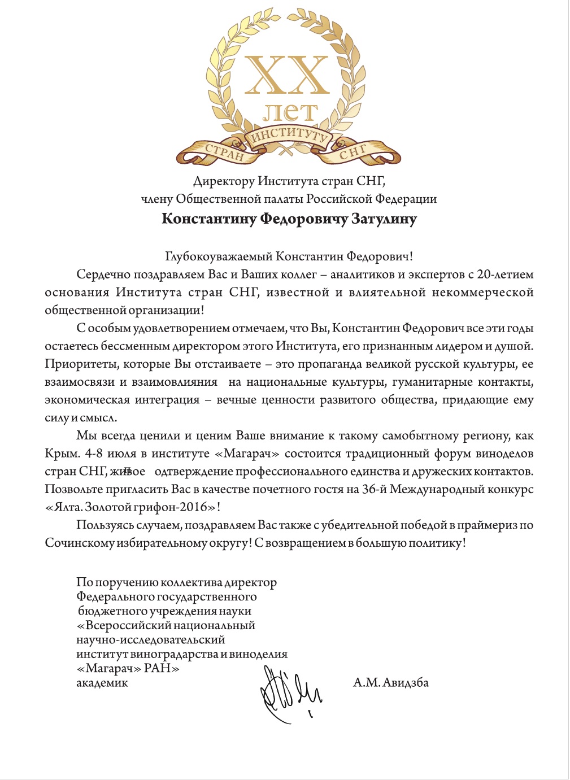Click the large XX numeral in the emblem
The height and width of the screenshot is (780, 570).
(x=287, y=76)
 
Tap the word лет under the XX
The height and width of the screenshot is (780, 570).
(x=290, y=112)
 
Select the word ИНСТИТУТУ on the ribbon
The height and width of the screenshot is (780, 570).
(x=289, y=136)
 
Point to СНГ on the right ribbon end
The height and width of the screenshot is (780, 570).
(x=353, y=152)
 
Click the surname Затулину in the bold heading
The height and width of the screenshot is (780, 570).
(x=384, y=219)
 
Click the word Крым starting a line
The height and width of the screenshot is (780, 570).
(x=62, y=454)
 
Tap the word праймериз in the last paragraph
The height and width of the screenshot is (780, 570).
(x=487, y=525)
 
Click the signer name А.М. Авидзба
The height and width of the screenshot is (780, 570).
(x=391, y=683)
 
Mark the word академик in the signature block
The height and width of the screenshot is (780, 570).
(x=102, y=683)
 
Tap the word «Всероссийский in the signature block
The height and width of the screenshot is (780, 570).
(x=123, y=626)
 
